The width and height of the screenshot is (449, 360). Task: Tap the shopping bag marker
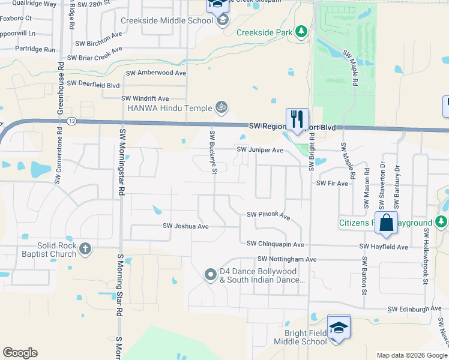pos(387,223)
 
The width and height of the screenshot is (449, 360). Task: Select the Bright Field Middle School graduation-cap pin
pos(339,327)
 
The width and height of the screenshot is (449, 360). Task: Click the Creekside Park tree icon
pos(302,32)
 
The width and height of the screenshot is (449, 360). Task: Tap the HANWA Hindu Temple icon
pos(221,108)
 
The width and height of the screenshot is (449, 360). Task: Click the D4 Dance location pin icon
pos(210,275)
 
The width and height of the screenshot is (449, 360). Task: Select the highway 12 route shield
pos(72,121)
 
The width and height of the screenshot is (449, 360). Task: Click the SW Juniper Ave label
pos(260,150)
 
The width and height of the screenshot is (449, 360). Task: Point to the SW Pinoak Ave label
pos(268,215)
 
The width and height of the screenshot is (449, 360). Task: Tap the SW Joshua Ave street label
pos(185,226)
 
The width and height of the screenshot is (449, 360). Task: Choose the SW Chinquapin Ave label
pos(276,244)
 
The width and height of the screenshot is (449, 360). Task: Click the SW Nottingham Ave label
pos(286,259)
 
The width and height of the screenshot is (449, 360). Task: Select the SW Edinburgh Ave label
pos(414,309)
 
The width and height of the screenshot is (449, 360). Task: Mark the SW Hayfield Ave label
pos(384,247)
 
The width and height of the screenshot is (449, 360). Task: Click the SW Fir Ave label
pos(332,183)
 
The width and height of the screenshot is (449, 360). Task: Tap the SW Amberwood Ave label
pos(155,73)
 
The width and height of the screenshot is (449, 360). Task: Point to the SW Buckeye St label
pos(212,151)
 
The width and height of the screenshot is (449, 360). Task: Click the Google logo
pos(20,353)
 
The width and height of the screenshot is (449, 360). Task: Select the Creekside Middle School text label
pos(167,20)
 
